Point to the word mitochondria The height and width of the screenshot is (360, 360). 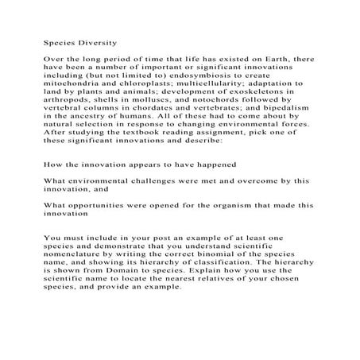74,83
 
